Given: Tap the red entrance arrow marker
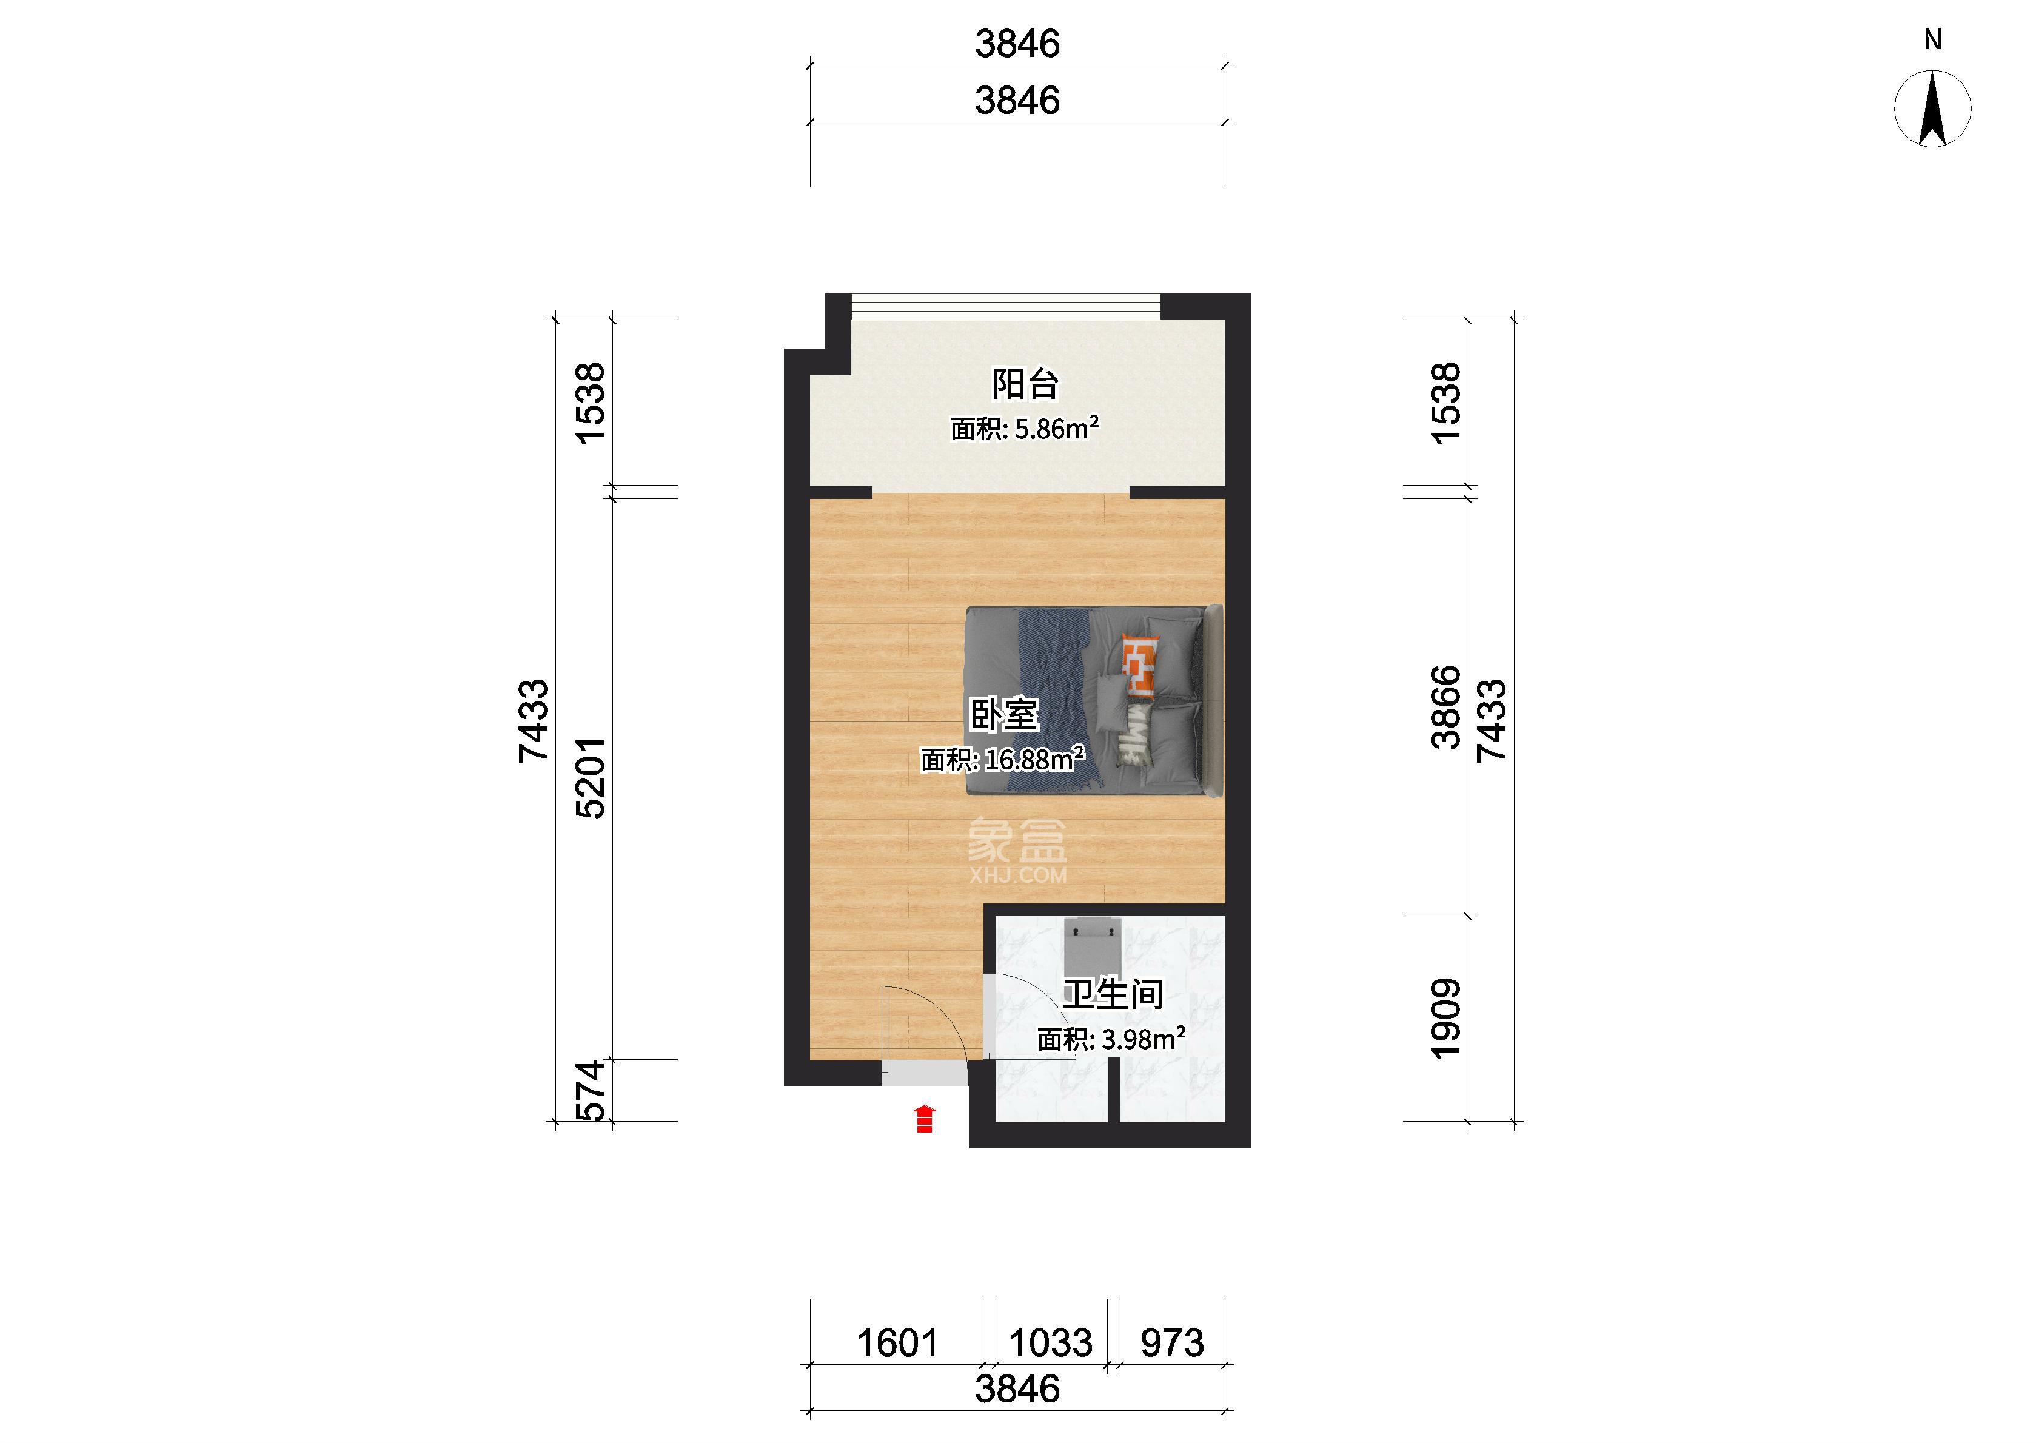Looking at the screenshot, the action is click(x=925, y=1119).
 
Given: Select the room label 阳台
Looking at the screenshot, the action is click(x=1025, y=384).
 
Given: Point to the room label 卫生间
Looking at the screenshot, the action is click(x=1113, y=994).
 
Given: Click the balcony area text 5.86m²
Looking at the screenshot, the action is click(x=1057, y=428).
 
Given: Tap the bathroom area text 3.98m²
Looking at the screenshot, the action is click(x=1144, y=1038).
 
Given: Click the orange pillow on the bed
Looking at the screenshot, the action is click(x=1139, y=666).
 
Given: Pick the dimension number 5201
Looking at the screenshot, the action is click(x=591, y=777).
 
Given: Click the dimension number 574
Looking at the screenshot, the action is click(x=591, y=1090).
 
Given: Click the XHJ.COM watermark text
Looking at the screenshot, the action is click(x=1018, y=876).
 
